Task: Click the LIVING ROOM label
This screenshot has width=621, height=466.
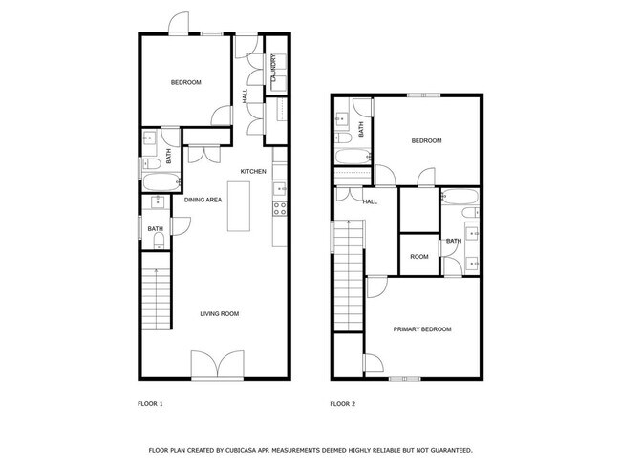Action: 219,314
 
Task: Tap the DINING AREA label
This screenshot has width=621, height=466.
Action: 203,200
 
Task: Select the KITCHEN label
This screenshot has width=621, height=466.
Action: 252,172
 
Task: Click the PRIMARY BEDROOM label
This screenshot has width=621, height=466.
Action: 422,329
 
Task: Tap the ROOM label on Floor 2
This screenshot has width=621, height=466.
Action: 418,256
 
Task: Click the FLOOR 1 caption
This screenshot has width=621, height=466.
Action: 151,404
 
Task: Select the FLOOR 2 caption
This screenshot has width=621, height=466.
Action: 342,404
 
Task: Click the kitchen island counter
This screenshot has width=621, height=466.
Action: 240,204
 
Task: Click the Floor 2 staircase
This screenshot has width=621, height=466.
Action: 349,276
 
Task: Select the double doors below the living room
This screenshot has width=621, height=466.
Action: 212,365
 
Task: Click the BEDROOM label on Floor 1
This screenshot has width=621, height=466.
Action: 185,82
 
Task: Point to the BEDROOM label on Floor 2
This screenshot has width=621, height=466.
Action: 426,141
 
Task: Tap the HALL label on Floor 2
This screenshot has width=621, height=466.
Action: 370,201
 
